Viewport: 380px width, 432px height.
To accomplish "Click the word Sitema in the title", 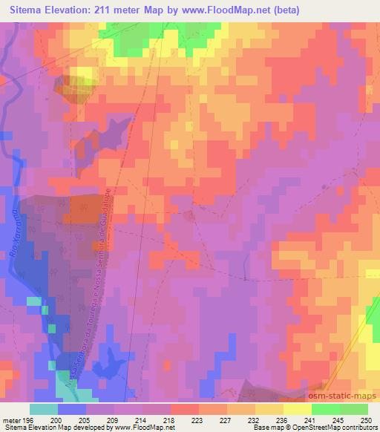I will [x=30, y=9].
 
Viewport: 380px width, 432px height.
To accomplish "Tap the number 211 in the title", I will [x=125, y=9].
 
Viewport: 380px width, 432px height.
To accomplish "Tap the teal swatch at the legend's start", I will [x=44, y=409].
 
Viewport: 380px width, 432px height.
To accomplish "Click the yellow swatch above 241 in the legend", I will [x=297, y=409].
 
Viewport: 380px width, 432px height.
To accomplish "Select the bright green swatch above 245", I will [x=325, y=409].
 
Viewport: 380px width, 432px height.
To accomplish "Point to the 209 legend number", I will [x=114, y=419].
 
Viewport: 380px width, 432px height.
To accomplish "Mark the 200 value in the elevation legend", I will [x=57, y=419].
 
